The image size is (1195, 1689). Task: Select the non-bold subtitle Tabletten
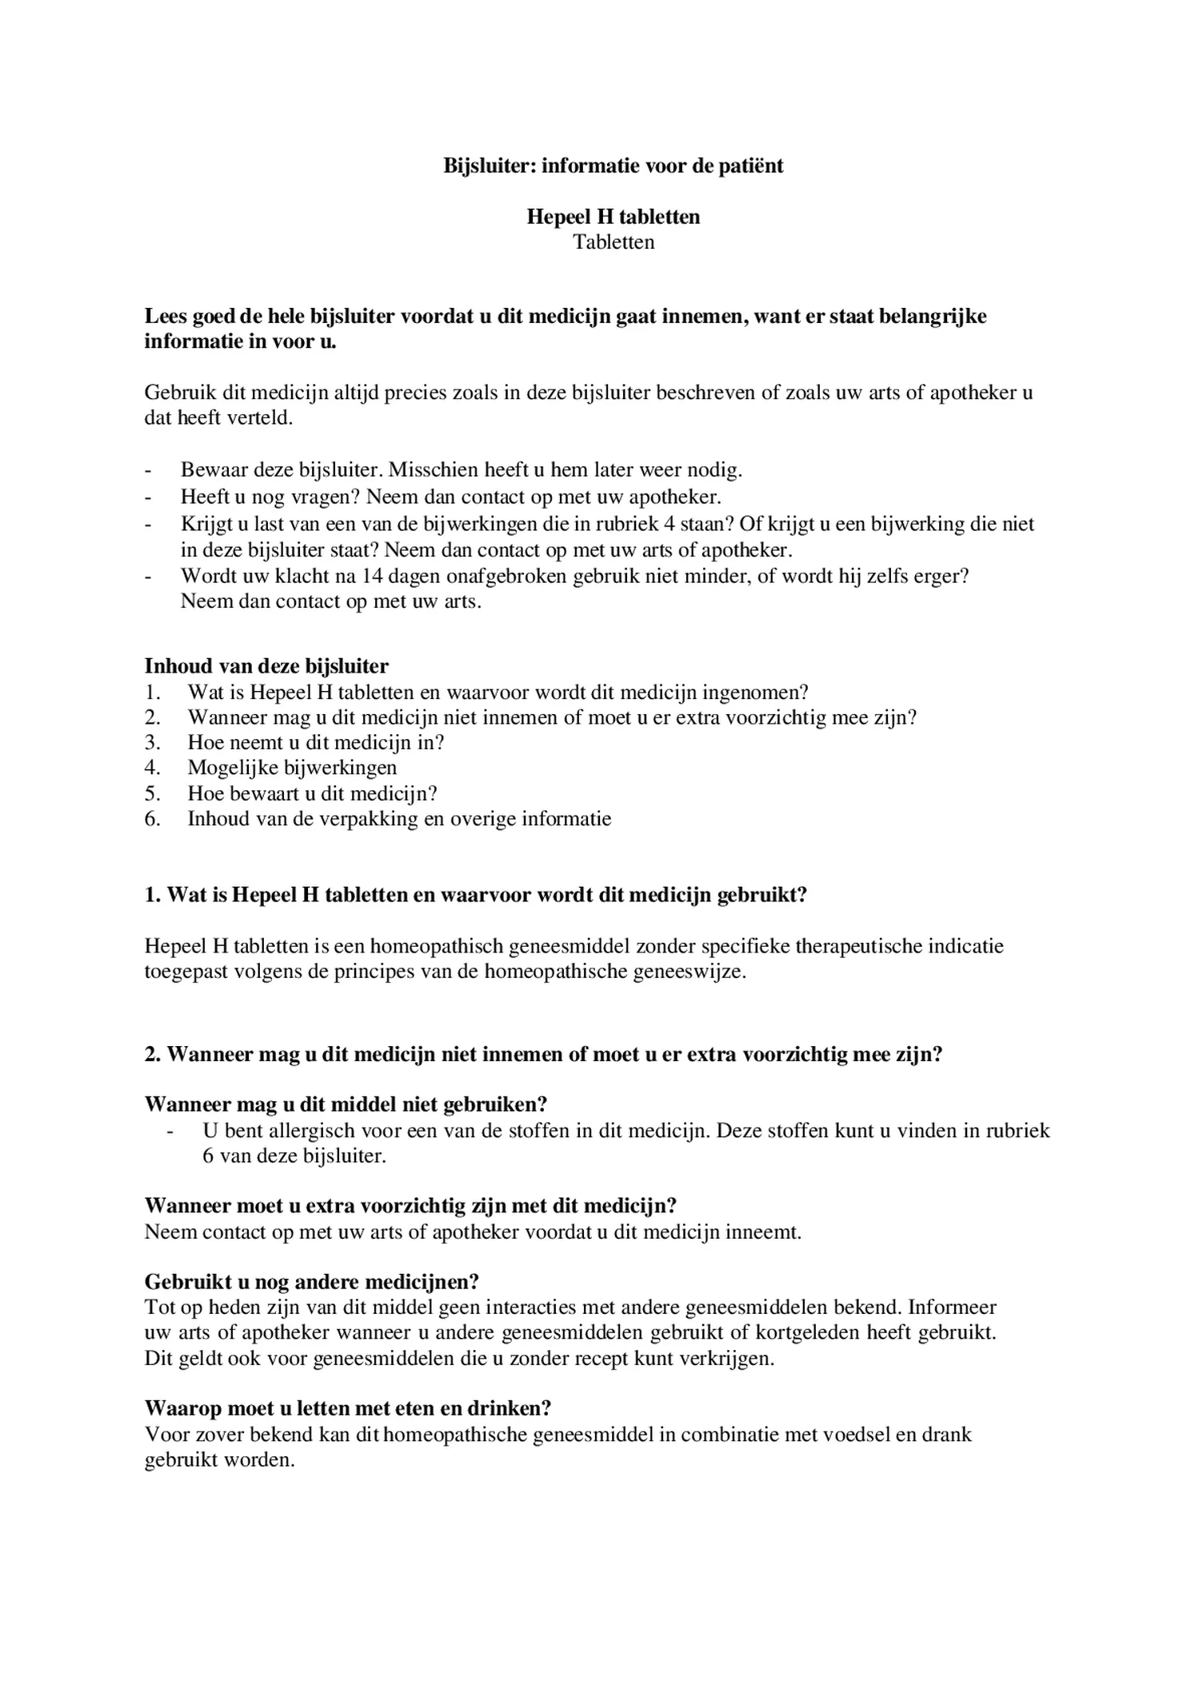[613, 242]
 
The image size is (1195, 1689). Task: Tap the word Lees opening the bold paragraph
[165, 316]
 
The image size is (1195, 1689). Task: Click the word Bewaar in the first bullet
[210, 469]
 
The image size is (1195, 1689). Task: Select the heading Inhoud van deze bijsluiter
[266, 665]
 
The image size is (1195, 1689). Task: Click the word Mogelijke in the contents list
[233, 768]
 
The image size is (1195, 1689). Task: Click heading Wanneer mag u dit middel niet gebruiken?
[346, 1104]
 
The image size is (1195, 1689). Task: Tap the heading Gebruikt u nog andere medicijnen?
[312, 1282]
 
